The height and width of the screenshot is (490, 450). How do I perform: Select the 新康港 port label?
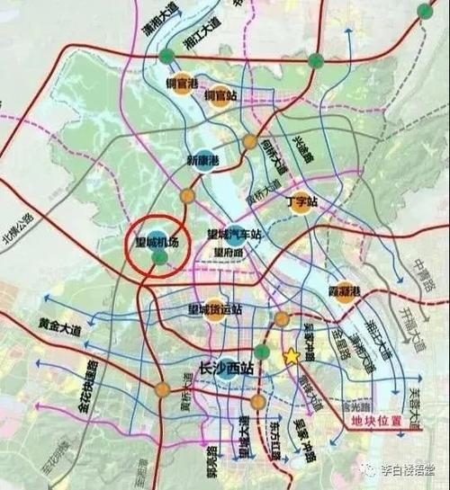pyautogui.click(x=203, y=161)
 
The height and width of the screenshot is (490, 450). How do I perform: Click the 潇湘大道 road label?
pyautogui.click(x=151, y=33)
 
